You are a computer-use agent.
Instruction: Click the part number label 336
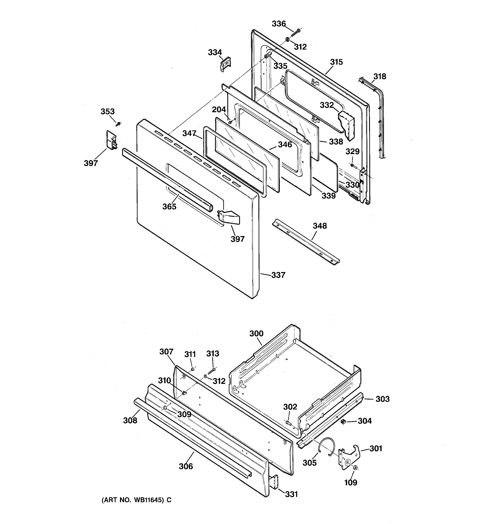tap(279, 24)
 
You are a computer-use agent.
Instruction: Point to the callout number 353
tap(107, 112)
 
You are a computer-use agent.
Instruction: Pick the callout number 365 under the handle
tap(169, 206)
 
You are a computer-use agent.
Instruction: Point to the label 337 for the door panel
tap(278, 275)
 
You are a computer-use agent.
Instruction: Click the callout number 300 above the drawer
tap(256, 333)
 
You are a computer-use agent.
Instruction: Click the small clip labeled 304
tap(343, 421)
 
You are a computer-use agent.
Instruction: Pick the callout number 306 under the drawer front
tap(186, 466)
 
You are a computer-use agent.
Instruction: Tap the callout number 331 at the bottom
tap(291, 494)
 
